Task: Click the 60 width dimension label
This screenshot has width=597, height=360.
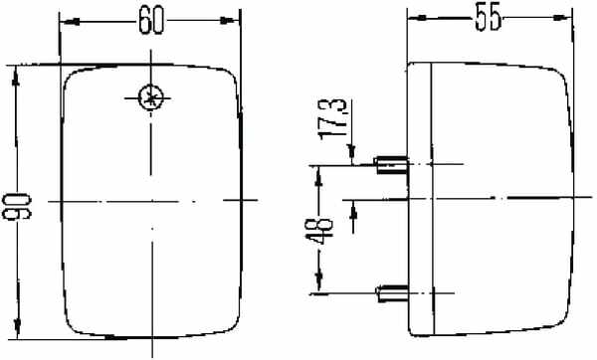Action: [151, 21]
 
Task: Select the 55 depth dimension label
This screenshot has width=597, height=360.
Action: [488, 18]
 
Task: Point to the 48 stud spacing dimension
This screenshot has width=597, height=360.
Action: [319, 231]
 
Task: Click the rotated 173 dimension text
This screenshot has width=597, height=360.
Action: [334, 118]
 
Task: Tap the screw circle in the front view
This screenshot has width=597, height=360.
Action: [151, 97]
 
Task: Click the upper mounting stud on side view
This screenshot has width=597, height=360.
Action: [392, 165]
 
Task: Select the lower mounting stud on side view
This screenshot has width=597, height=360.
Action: [392, 293]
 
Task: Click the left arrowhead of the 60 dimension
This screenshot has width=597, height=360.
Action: [72, 22]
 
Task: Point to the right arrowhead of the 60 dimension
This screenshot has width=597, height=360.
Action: [228, 21]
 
